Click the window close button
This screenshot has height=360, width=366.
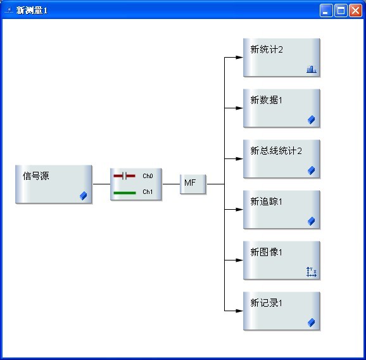[x=355, y=11]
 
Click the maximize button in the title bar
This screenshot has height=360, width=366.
[x=341, y=11]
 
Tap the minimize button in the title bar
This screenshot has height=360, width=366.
[x=326, y=11]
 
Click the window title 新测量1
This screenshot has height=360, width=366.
[x=32, y=11]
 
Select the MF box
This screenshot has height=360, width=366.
[x=192, y=184]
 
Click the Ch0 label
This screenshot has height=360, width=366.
[x=148, y=176]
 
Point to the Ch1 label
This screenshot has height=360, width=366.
[x=148, y=192]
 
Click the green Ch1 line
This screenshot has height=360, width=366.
[x=125, y=193]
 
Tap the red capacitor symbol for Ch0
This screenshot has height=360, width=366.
[x=124, y=176]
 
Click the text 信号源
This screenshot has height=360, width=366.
[x=36, y=176]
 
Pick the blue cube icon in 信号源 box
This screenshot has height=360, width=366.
[x=84, y=196]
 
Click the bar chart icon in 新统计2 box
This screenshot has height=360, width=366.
[x=312, y=69]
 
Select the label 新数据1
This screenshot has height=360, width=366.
[x=267, y=100]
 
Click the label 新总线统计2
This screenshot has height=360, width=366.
[x=276, y=151]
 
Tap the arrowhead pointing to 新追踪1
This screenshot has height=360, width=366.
[x=239, y=210]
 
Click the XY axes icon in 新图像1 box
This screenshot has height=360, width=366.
[x=312, y=272]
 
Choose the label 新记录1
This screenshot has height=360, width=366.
[x=267, y=303]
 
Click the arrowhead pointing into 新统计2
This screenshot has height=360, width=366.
[x=239, y=57]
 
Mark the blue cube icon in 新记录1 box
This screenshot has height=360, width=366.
[x=312, y=323]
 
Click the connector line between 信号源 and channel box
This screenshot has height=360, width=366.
[x=101, y=184]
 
